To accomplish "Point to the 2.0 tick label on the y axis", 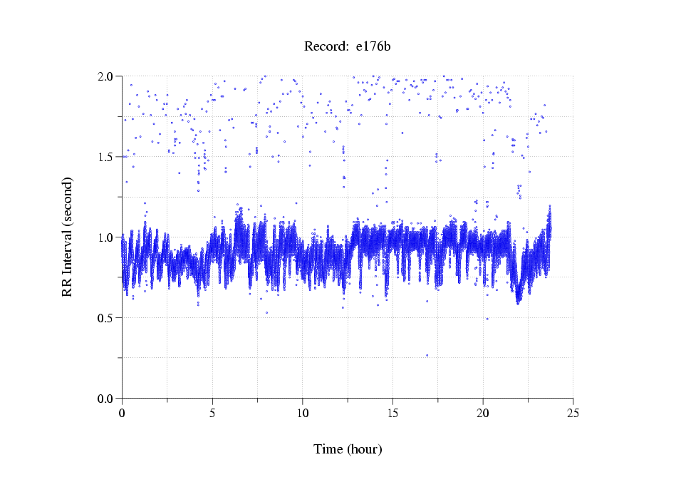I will pyautogui.click(x=105, y=76).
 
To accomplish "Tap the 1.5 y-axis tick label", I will pyautogui.click(x=105, y=156).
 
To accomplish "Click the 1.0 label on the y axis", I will pyautogui.click(x=105, y=237).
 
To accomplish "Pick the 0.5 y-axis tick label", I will pyautogui.click(x=105, y=317).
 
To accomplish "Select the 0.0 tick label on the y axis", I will pyautogui.click(x=105, y=398).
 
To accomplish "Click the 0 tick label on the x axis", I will pyautogui.click(x=123, y=412).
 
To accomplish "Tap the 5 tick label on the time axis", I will pyautogui.click(x=212, y=412).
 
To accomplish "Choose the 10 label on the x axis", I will pyautogui.click(x=303, y=412).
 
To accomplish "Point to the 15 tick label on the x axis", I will pyautogui.click(x=392, y=412).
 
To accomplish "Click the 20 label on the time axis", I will pyautogui.click(x=483, y=412).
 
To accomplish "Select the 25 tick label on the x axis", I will pyautogui.click(x=573, y=412).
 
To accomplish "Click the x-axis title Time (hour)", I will pyautogui.click(x=348, y=449).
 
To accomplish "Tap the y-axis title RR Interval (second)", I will pyautogui.click(x=67, y=237).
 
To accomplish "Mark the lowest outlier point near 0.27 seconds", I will pyautogui.click(x=427, y=355).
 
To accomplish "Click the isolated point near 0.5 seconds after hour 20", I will pyautogui.click(x=487, y=319).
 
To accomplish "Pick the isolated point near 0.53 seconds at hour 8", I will pyautogui.click(x=267, y=312).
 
